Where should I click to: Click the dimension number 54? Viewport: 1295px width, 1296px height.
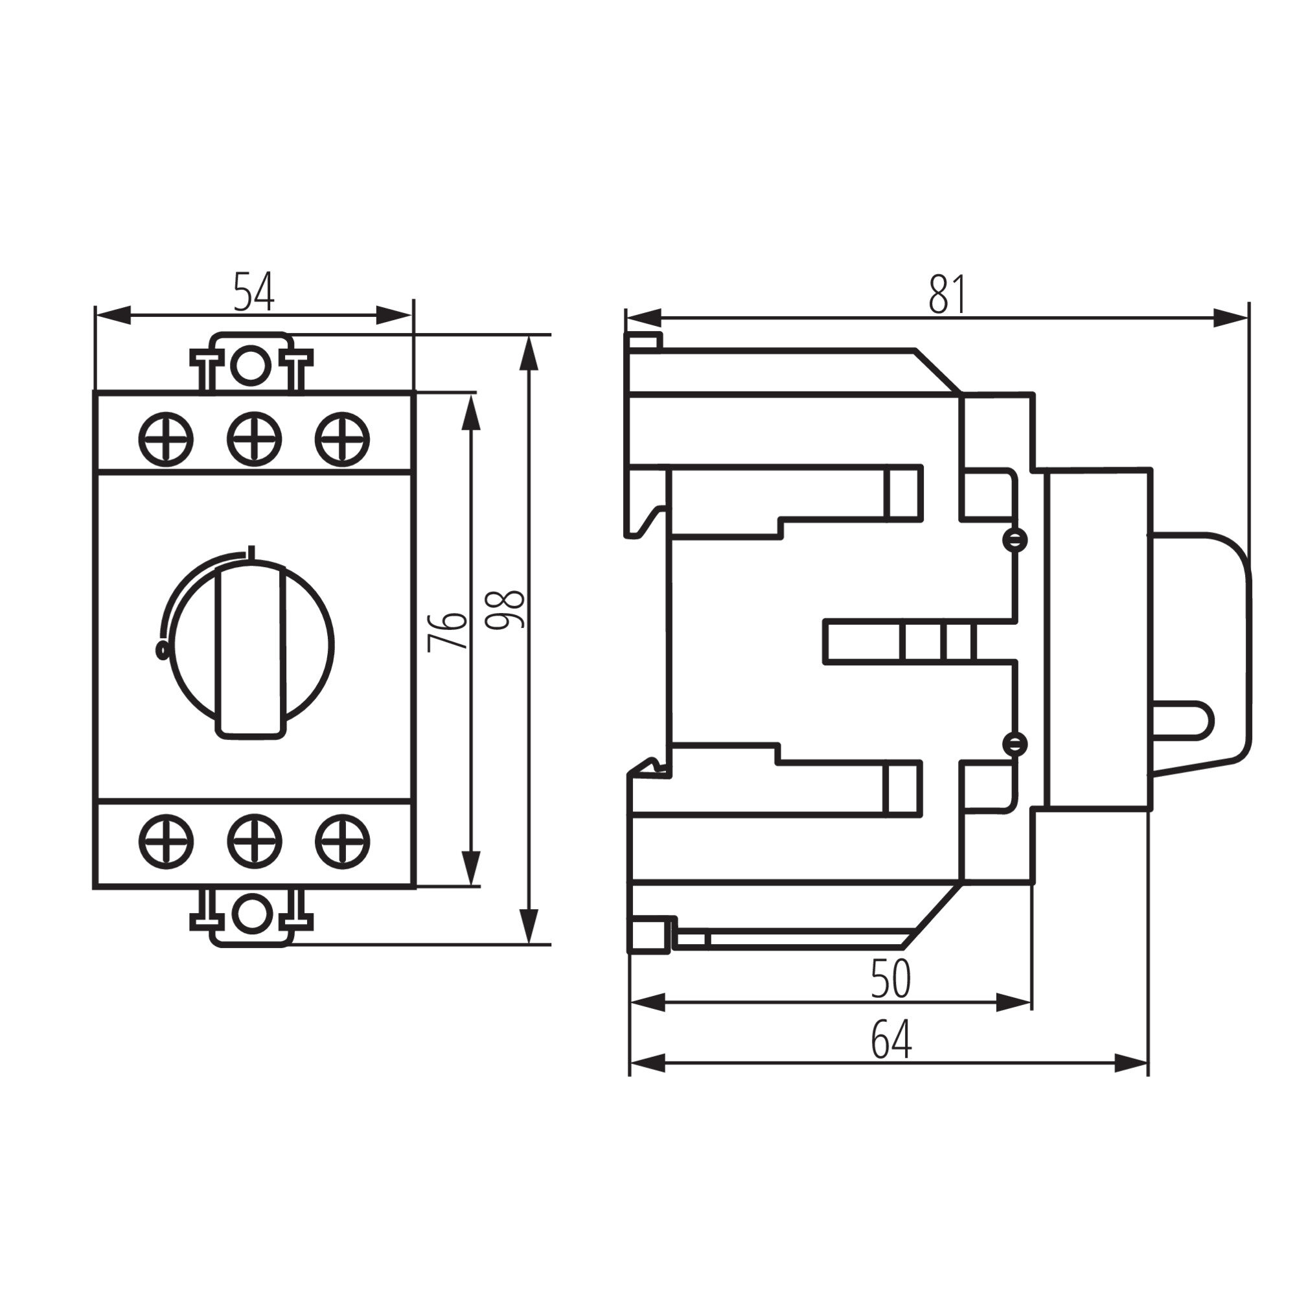click(x=253, y=291)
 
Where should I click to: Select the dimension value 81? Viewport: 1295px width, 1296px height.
click(x=947, y=294)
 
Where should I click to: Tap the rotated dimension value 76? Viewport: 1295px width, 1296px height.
click(x=447, y=631)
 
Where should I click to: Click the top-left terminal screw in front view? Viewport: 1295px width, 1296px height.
click(x=166, y=439)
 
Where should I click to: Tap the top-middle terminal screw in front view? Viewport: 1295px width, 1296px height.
click(x=253, y=439)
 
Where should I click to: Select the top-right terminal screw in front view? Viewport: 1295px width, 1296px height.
click(x=342, y=439)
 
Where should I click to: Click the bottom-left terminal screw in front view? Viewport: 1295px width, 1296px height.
click(x=166, y=841)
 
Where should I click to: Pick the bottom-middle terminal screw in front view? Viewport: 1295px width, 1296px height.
click(x=253, y=841)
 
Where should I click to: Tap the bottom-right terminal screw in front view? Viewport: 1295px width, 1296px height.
click(x=342, y=841)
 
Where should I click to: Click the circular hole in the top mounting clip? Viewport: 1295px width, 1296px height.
click(x=251, y=366)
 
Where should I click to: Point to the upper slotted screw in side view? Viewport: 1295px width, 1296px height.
click(x=1014, y=540)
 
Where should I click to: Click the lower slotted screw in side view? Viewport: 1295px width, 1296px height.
click(x=1014, y=743)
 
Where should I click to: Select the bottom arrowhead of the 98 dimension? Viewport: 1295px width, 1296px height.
click(x=529, y=927)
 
